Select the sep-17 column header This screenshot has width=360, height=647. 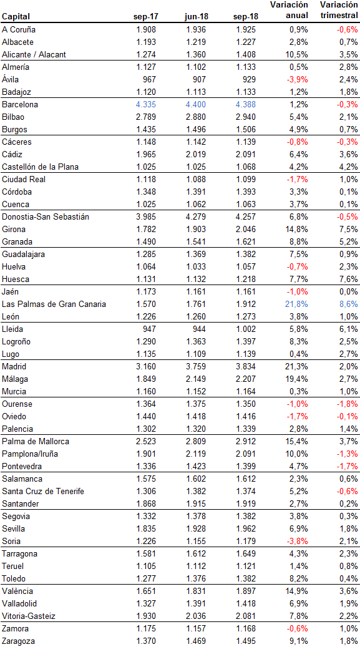[146, 16]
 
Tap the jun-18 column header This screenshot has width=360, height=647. [196, 16]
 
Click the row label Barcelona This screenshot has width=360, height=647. [20, 104]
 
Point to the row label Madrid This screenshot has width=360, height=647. [14, 366]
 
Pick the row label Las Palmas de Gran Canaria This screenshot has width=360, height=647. [54, 304]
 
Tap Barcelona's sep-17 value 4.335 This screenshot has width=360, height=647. [146, 104]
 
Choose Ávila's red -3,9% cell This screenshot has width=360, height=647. [298, 80]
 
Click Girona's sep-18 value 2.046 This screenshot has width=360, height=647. [246, 229]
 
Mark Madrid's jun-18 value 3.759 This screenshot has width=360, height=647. [196, 366]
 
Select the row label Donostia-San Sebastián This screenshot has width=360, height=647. [46, 216]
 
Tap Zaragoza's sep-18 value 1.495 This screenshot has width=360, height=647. [246, 640]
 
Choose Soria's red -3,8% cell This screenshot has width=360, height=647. [298, 541]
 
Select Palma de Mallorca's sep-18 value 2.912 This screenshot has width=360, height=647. [246, 441]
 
